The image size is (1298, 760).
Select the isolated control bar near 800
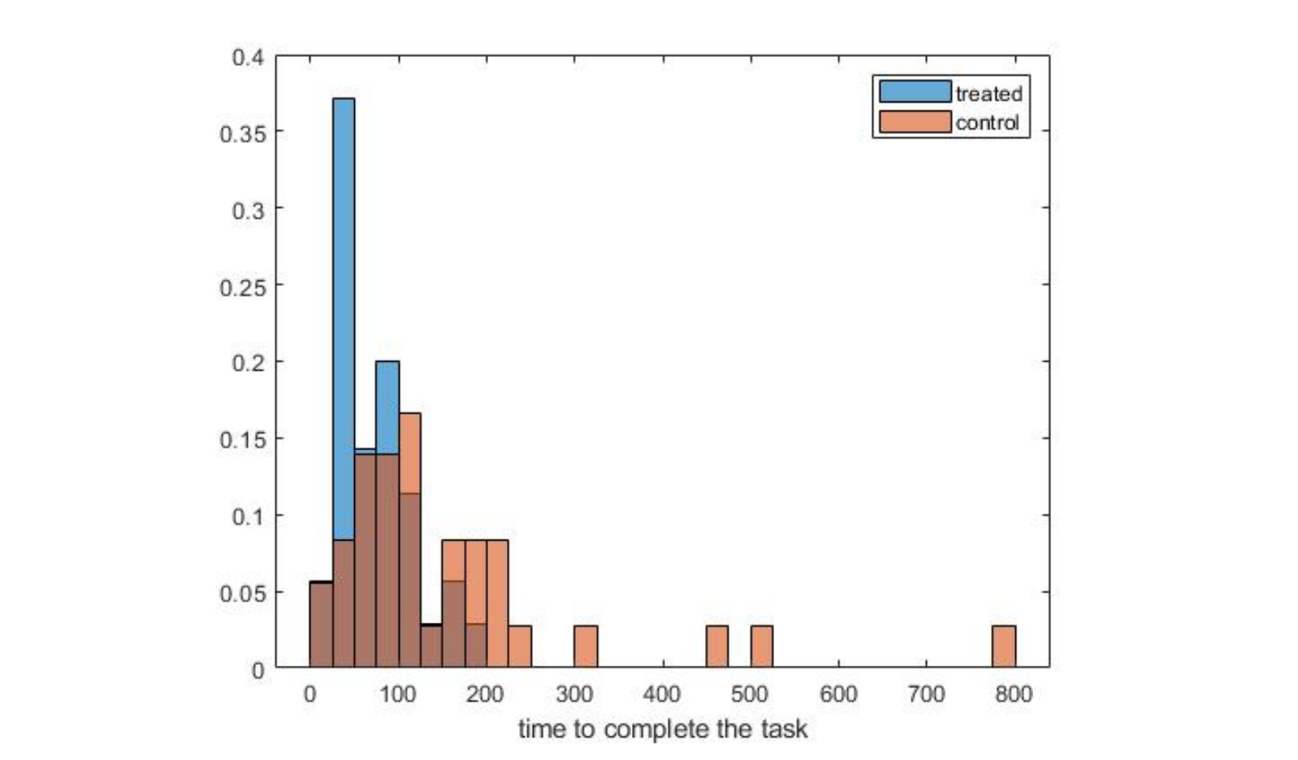(1004, 647)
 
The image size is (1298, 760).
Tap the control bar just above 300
(586, 647)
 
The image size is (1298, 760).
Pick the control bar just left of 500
(717, 647)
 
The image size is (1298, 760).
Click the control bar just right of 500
(762, 647)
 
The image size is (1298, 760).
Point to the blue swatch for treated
(915, 92)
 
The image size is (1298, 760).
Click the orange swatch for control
(915, 122)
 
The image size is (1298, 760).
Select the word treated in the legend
(989, 93)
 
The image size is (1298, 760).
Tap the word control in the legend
(987, 123)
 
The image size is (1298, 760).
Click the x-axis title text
(663, 729)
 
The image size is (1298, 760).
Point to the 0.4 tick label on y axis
(249, 58)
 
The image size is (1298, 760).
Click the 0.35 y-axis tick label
(243, 133)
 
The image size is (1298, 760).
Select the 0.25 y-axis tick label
(243, 287)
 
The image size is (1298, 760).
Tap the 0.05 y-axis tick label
(243, 593)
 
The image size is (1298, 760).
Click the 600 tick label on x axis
(837, 694)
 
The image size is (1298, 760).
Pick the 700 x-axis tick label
(926, 694)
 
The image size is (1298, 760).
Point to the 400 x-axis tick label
(662, 694)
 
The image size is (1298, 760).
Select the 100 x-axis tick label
(397, 694)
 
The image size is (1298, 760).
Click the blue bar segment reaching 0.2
(387, 406)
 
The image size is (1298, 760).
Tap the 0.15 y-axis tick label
(243, 440)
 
